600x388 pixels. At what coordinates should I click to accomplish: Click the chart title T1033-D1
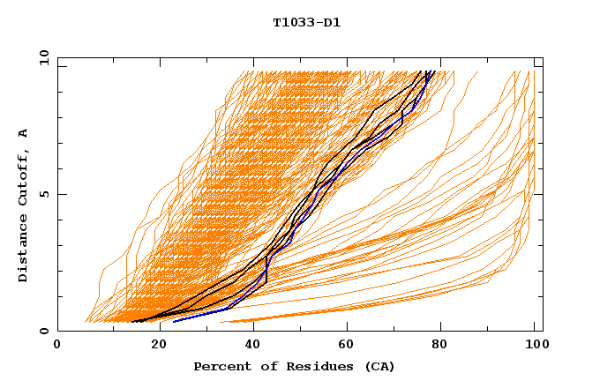[306, 22]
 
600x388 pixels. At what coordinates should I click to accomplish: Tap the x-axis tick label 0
[57, 345]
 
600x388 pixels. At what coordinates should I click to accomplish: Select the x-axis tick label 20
[153, 345]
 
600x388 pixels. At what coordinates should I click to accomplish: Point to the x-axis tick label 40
[249, 345]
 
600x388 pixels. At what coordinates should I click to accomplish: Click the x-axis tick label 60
[344, 345]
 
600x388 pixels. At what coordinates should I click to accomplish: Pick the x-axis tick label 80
[439, 345]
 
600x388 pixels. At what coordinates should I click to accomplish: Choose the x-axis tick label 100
[535, 345]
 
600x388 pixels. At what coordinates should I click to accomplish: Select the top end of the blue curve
[428, 71]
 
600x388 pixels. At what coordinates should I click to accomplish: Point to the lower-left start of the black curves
[132, 321]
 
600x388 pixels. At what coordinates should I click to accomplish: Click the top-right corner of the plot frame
[543, 57]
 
